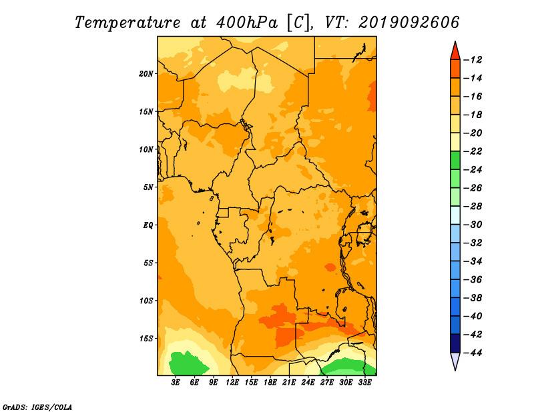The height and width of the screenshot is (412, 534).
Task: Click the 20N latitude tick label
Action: pos(146,73)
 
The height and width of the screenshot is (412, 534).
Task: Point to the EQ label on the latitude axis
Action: pos(148,225)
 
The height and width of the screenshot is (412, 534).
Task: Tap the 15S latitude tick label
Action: pos(146,339)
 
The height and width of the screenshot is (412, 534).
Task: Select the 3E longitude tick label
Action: pos(176,383)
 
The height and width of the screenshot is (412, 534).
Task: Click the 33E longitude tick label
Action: pos(364,383)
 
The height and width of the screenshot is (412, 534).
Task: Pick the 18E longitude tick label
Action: pos(270,383)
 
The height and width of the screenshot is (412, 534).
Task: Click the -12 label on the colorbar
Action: pos(473,60)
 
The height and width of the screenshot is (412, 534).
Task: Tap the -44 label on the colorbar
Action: pos(473,353)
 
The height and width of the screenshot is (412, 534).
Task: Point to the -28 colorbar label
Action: pos(473,206)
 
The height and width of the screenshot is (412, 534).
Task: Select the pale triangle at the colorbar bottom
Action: pos(455,361)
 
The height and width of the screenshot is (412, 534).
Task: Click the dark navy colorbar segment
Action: pos(455,343)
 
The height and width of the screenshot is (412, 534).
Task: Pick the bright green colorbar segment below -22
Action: pos(455,160)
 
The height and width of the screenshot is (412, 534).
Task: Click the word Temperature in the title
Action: pos(127,23)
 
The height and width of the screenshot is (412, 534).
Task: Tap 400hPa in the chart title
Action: pos(247,23)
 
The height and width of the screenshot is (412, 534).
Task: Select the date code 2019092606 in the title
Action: pos(409,23)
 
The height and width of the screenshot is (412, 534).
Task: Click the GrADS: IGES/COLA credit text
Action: pos(37,407)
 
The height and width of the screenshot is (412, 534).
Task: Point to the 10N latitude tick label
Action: pos(146,149)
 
